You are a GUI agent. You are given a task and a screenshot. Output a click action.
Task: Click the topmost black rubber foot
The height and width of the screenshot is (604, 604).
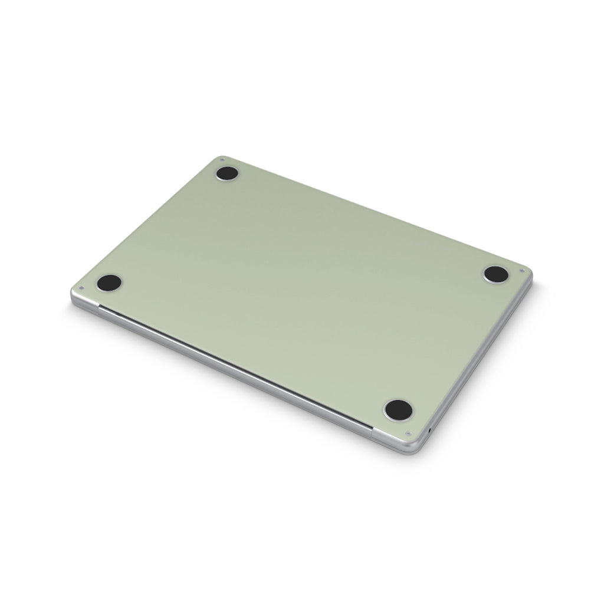[x=227, y=173]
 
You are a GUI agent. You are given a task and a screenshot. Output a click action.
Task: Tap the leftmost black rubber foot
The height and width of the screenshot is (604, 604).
[x=109, y=283]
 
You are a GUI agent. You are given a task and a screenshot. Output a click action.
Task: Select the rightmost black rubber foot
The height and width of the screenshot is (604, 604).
[x=496, y=274]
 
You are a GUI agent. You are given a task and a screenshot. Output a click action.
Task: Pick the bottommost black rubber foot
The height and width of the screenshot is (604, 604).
[x=398, y=409]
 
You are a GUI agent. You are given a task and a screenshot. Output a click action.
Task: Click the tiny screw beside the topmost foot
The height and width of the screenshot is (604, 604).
[x=221, y=159]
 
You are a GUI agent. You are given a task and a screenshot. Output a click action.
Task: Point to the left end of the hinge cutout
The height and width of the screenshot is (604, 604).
[x=99, y=307]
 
